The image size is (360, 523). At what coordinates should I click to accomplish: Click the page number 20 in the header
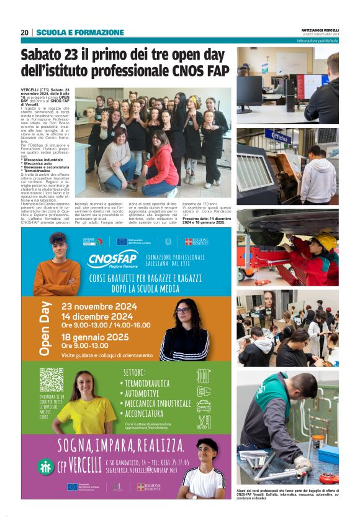click(25, 32)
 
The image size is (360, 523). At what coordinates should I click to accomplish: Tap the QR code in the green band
click(52, 380)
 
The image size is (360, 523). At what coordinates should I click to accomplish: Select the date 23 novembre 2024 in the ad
click(99, 306)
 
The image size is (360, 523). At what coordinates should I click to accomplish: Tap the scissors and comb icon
click(204, 422)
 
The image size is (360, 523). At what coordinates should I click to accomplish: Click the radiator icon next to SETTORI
click(204, 376)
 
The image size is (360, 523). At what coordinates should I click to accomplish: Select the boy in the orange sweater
click(56, 268)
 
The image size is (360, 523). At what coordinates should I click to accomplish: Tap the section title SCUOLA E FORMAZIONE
click(80, 32)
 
